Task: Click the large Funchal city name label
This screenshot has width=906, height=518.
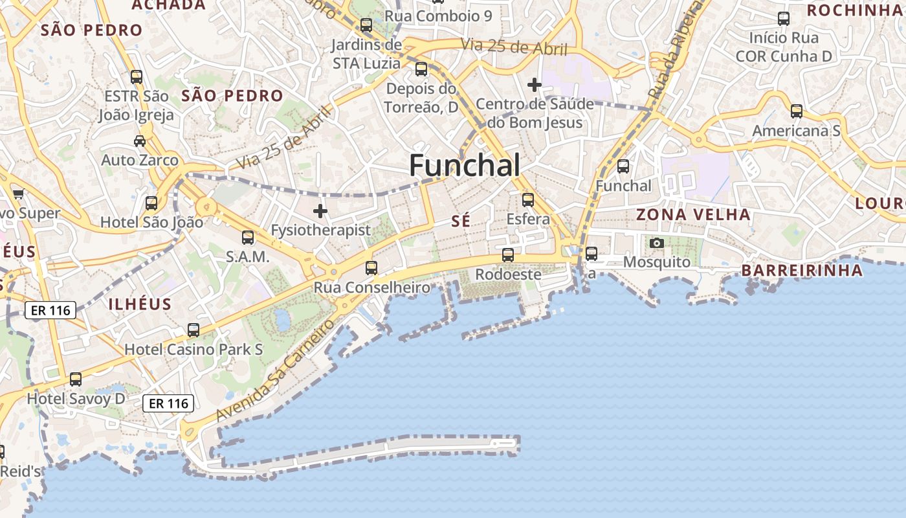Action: pyautogui.click(x=464, y=166)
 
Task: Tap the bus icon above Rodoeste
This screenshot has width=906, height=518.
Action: pyautogui.click(x=508, y=255)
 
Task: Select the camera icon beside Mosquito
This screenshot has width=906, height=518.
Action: pyautogui.click(x=657, y=243)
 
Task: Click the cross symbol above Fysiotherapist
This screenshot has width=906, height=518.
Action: pyautogui.click(x=320, y=211)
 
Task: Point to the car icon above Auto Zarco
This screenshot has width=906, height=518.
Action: pyautogui.click(x=139, y=141)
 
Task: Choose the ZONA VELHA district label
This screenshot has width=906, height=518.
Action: pyautogui.click(x=693, y=214)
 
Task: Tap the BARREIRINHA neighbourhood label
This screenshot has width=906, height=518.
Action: pyautogui.click(x=802, y=270)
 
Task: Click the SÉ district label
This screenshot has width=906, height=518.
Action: pyautogui.click(x=461, y=221)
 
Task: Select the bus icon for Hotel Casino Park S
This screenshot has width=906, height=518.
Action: pyautogui.click(x=193, y=330)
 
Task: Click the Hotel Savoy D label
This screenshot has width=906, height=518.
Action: pyautogui.click(x=76, y=399)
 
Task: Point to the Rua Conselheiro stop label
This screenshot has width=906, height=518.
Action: pyautogui.click(x=372, y=287)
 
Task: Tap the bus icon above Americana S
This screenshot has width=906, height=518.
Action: pyautogui.click(x=797, y=111)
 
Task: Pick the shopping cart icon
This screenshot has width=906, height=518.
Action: pyautogui.click(x=18, y=194)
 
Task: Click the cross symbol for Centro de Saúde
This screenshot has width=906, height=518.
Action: pyautogui.click(x=535, y=85)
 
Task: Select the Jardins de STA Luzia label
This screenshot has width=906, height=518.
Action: pyautogui.click(x=367, y=54)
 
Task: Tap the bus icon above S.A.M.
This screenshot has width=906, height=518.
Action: pyautogui.click(x=248, y=238)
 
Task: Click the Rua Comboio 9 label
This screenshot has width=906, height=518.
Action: pyautogui.click(x=438, y=16)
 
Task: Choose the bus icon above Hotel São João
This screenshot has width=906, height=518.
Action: pyautogui.click(x=151, y=203)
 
